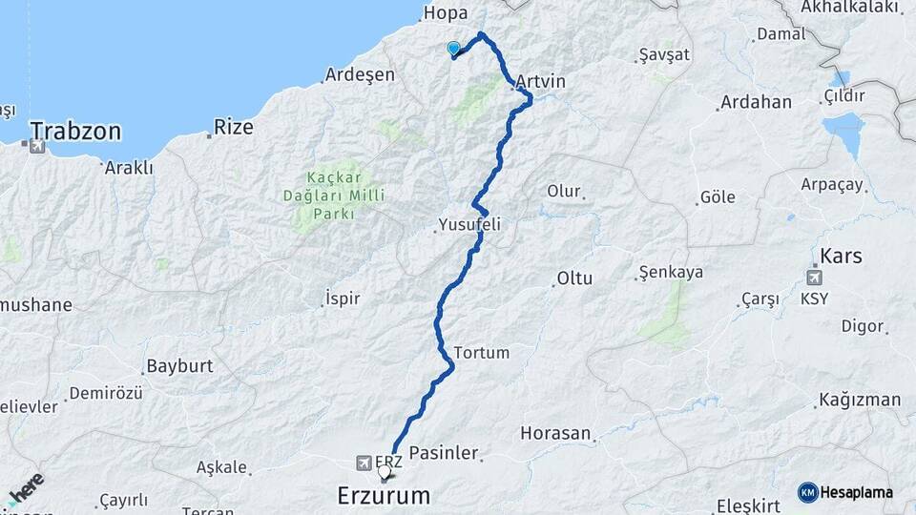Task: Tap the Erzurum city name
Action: pos(384,496)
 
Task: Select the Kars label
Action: pos(841,256)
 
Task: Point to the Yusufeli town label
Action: pos(468,225)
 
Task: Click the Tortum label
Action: pos(483,353)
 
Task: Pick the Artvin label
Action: pos(541,82)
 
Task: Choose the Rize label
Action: pos(234,125)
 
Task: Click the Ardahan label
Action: pos(756,102)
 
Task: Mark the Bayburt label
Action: pos(178,366)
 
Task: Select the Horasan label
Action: pos(555,433)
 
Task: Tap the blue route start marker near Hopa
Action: pos(453,50)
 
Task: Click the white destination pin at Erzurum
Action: pos(385,471)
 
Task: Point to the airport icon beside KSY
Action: pos(814,278)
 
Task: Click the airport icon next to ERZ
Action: pos(364,463)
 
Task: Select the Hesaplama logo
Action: pos(848,491)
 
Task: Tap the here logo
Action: pos(26,488)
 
